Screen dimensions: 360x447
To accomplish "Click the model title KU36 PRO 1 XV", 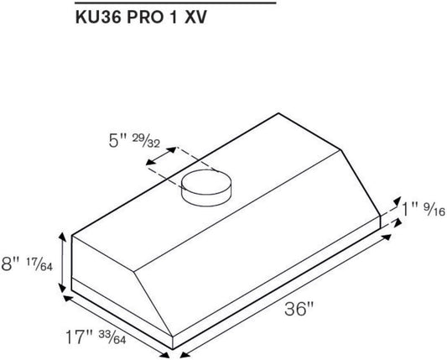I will (x=141, y=22).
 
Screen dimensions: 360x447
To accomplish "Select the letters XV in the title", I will (x=190, y=22).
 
